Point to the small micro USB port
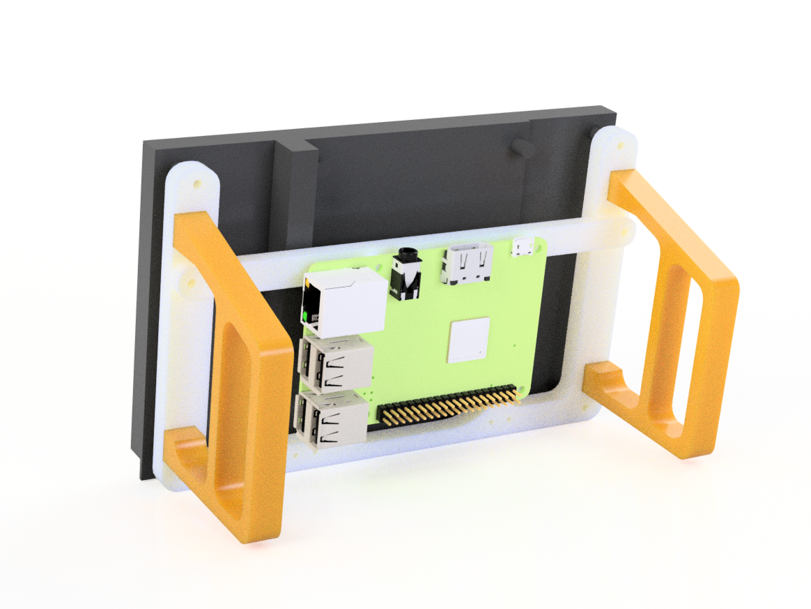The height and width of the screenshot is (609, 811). [523, 246]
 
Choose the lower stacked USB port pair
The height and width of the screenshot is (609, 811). [332, 418]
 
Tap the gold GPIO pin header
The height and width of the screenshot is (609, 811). [449, 407]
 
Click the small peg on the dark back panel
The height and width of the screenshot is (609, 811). [520, 146]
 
